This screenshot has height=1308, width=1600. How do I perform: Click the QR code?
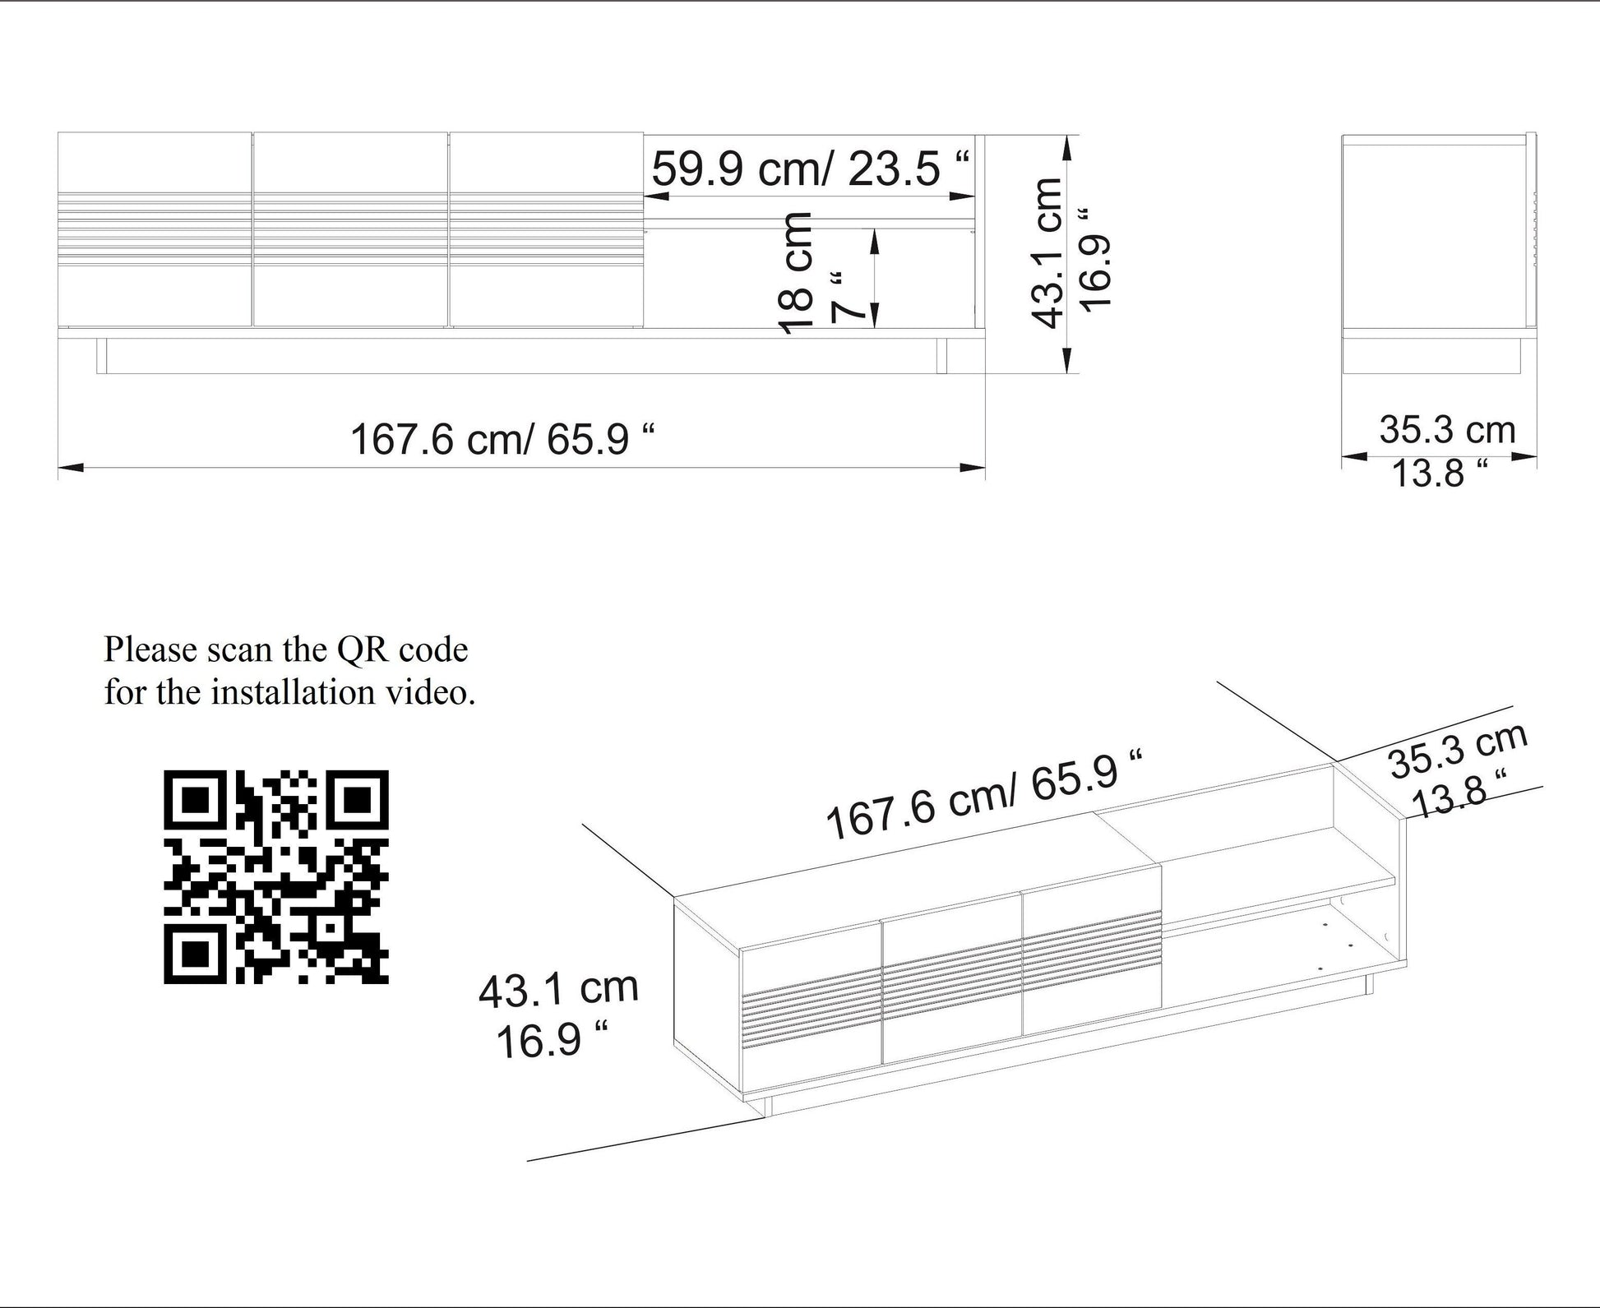click(x=276, y=876)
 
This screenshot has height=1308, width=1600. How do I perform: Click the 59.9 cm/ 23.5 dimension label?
click(x=810, y=169)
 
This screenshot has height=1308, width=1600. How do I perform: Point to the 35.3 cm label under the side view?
click(x=1447, y=430)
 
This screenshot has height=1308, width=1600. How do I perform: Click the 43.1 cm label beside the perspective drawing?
click(x=558, y=990)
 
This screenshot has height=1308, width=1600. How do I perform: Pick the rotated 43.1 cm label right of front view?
click(x=1047, y=253)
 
